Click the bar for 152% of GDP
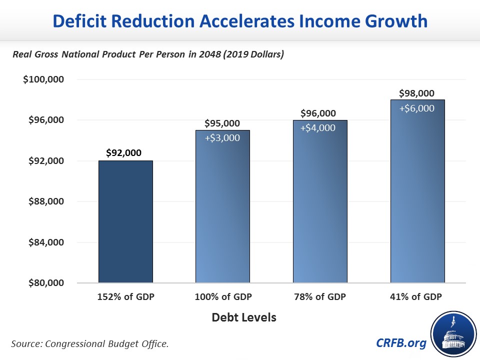125,221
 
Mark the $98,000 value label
416,93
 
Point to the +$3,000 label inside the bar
222,137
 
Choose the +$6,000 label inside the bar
416,107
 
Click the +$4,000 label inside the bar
318,127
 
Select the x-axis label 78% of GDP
318,297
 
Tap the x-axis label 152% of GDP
125,297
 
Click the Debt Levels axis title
243,317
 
